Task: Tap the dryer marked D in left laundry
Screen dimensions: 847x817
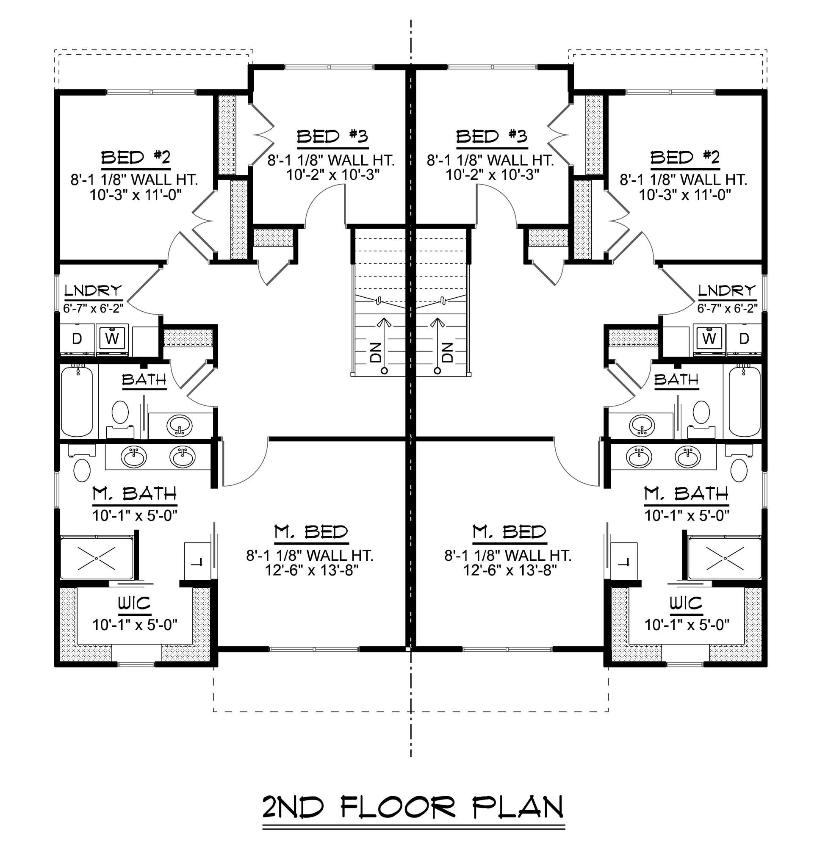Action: click(x=77, y=339)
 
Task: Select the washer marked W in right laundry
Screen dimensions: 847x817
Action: click(x=709, y=338)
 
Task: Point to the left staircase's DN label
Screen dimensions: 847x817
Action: click(x=375, y=352)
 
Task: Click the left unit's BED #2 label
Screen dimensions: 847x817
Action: click(x=136, y=158)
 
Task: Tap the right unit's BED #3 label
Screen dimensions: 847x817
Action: click(x=491, y=136)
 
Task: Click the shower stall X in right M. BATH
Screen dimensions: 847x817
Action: click(x=725, y=558)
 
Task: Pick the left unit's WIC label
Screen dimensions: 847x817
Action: click(x=134, y=603)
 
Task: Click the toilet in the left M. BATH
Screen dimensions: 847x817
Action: click(x=82, y=470)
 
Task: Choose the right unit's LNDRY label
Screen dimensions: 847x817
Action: click(x=727, y=291)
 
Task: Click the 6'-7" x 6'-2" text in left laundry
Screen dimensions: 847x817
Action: click(x=93, y=308)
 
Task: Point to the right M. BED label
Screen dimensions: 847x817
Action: click(x=509, y=532)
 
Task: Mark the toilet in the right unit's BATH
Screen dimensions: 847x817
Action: click(x=701, y=412)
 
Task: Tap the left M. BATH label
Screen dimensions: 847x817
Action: click(x=134, y=493)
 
